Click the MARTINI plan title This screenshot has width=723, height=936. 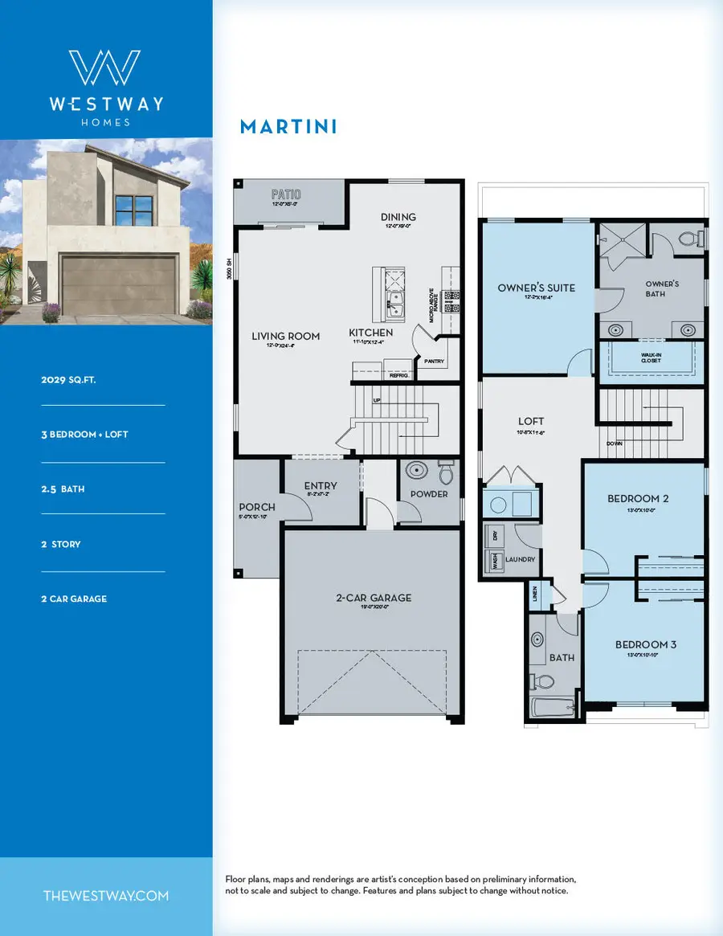(288, 127)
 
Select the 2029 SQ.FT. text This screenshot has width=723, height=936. (68, 380)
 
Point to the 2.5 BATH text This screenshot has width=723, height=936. (63, 488)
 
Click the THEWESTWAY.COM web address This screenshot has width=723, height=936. (105, 896)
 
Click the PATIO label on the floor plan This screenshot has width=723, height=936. (285, 194)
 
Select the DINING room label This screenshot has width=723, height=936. (398, 217)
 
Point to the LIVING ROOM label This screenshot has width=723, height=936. (286, 336)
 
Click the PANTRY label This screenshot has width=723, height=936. (434, 362)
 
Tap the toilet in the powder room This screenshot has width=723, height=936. (446, 474)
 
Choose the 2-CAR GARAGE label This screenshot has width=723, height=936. (374, 597)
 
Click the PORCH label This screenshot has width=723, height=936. (257, 507)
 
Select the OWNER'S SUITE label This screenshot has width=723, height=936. (536, 287)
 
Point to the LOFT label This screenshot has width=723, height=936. (531, 421)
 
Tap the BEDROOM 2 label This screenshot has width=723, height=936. (638, 498)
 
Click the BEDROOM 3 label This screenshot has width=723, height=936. (646, 644)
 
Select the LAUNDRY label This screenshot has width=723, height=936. (521, 559)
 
